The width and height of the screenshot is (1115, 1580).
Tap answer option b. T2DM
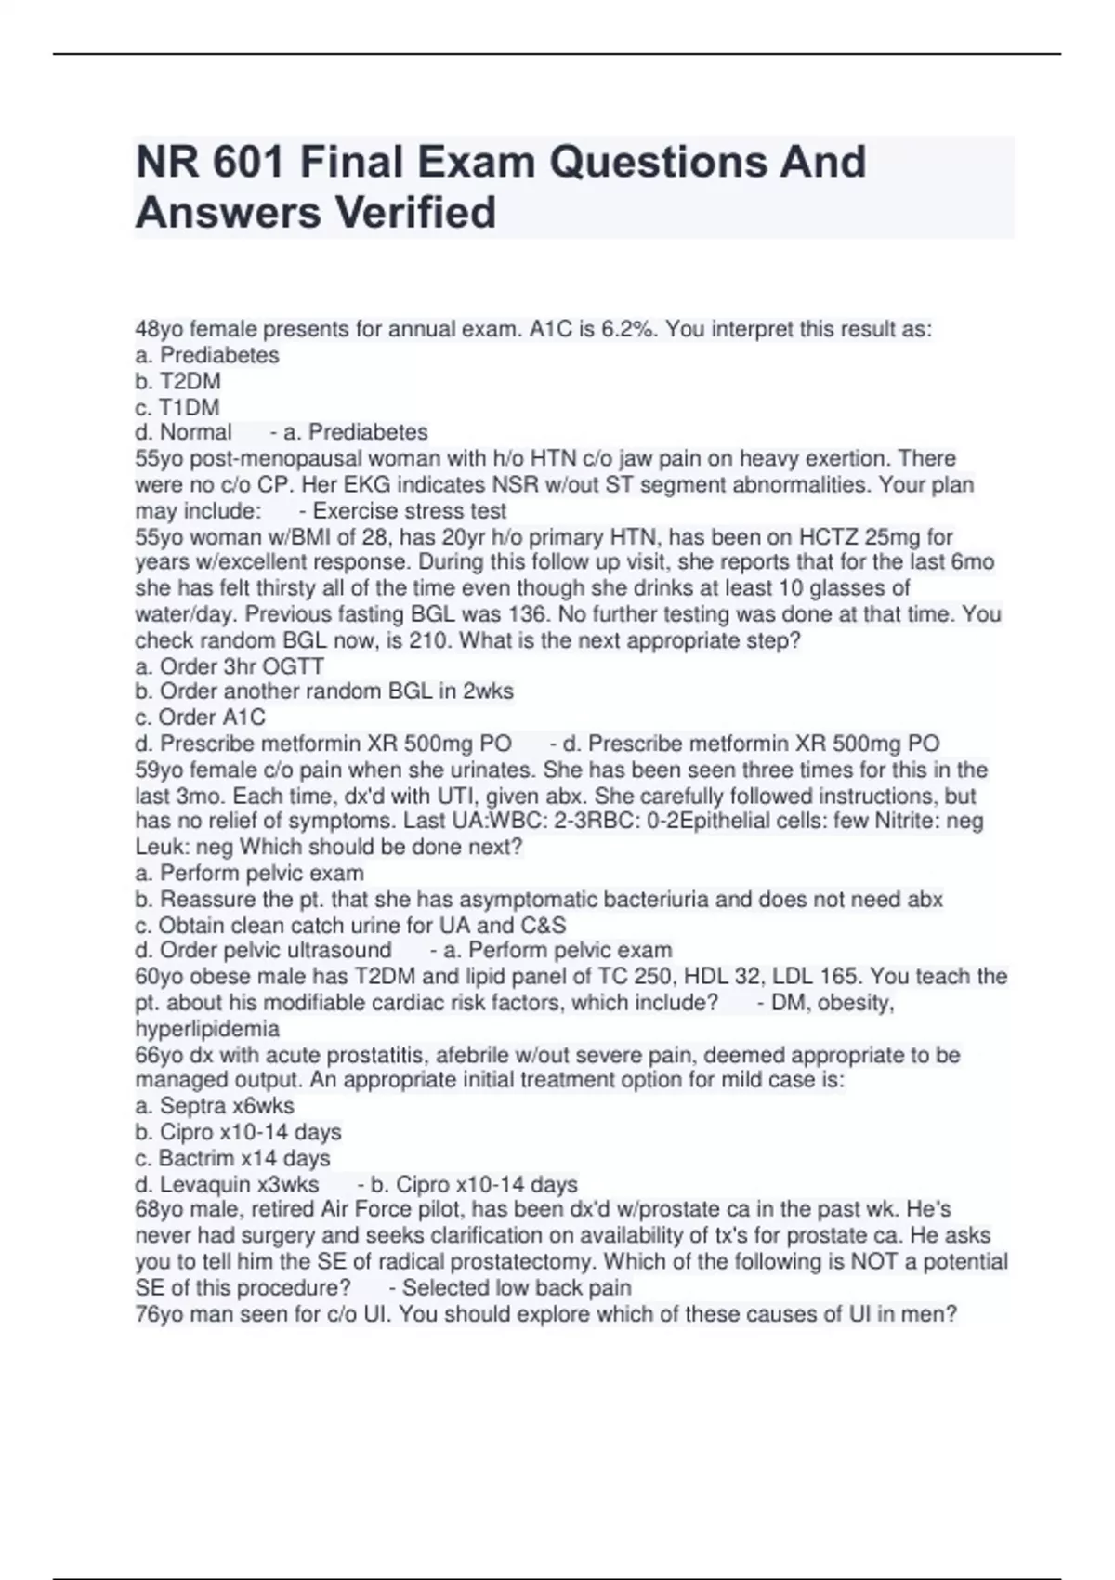point(177,381)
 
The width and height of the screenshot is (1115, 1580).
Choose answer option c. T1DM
point(177,407)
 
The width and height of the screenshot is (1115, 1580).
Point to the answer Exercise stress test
point(410,511)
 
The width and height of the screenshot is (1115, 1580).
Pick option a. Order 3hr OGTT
point(230,666)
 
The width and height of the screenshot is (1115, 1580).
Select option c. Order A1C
point(200,718)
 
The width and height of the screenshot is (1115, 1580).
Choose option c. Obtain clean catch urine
point(350,926)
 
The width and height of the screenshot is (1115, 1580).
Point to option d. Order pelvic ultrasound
point(263,951)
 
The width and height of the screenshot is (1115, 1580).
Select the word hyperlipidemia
point(207,1029)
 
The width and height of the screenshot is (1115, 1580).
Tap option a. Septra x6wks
point(215,1106)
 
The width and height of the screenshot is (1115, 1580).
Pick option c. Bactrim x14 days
point(232,1158)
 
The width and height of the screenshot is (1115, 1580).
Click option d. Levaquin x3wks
point(227,1185)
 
